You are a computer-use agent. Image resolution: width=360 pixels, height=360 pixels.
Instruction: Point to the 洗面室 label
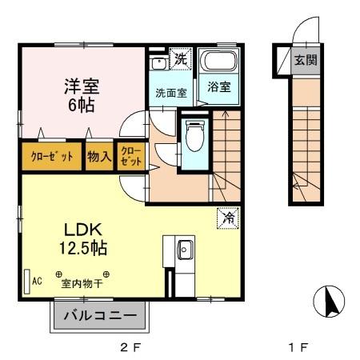170,93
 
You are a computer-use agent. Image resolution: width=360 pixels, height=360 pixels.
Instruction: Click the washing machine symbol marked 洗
180,59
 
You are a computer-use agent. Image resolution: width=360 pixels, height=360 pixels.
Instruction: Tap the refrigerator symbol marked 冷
228,216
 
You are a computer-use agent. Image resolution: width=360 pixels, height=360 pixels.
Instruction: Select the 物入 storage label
98,157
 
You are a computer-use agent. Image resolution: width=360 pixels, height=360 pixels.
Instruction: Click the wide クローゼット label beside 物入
50,157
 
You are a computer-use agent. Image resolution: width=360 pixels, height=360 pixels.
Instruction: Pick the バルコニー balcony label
102,316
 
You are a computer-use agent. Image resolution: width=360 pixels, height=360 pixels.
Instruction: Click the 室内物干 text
83,282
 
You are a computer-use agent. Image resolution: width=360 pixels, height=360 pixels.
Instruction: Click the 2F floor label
130,348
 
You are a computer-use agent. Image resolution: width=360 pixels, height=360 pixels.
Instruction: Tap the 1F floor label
297,348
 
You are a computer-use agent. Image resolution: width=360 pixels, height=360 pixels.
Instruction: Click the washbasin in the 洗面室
158,61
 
